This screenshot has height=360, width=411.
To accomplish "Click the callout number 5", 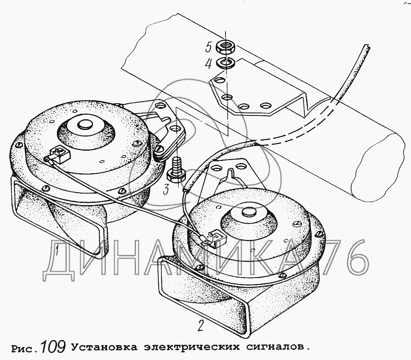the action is point(208,48).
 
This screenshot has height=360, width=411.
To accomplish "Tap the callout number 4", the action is point(208,64).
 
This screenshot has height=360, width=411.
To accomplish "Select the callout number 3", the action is point(166,190).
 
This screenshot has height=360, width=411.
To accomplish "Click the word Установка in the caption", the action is point(104,347).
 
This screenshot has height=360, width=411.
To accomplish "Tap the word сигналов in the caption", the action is point(276,347).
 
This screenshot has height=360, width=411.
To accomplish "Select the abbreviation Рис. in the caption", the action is point(25,349).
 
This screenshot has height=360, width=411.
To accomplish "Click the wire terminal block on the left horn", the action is point(60,155).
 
